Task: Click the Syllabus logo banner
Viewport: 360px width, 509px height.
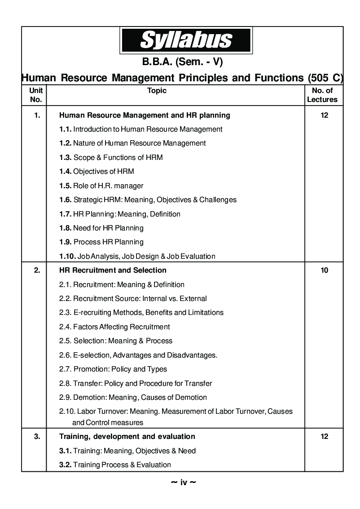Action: pos(185,40)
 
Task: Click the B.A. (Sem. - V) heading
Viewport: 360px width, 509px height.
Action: pos(182,62)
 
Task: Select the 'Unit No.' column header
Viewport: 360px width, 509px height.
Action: pos(36,95)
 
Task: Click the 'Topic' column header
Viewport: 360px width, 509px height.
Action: pos(157,91)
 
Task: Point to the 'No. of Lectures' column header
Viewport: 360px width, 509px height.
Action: pos(322,95)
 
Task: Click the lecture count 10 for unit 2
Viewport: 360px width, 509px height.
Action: pos(324,270)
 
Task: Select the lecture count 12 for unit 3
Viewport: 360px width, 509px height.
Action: pos(324,436)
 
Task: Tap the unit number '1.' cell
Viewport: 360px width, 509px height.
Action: pos(37,115)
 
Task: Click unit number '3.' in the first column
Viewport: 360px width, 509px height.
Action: pos(37,436)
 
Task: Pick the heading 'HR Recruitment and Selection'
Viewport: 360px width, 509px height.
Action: pos(113,270)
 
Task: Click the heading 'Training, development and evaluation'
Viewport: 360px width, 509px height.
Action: pos(127,436)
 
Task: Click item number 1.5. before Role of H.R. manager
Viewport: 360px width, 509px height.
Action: pos(65,186)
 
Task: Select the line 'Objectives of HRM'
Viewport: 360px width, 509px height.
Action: pos(103,171)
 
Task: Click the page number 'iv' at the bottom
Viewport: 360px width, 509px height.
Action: pos(183,482)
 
